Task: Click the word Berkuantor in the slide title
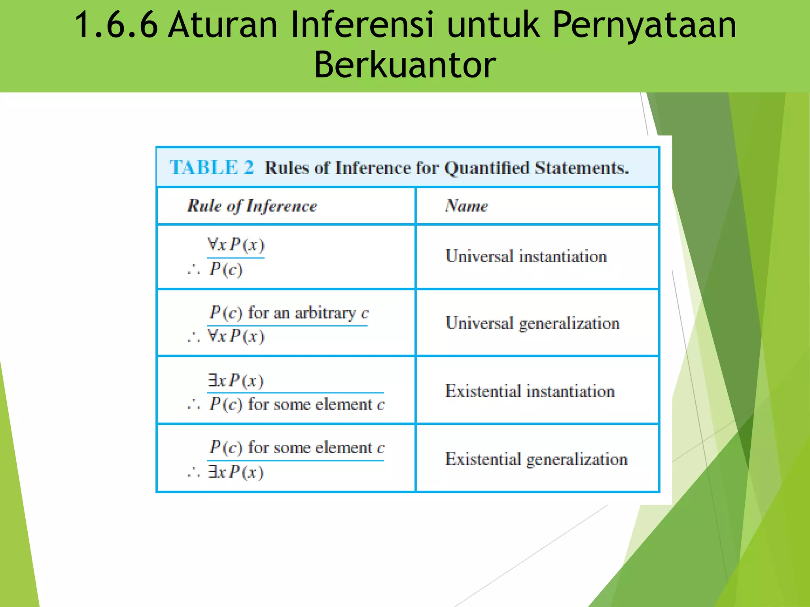coord(405,65)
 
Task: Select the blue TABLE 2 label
coord(212,167)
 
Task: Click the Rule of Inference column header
coord(252,206)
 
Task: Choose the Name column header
coord(466,206)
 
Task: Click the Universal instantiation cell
coord(526,256)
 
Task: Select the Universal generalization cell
coord(532,323)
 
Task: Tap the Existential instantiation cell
coord(530,391)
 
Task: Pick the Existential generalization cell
coord(536,459)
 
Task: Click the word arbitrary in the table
coord(325,313)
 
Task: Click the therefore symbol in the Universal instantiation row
coord(194,270)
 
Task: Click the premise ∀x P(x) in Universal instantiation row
coord(236,245)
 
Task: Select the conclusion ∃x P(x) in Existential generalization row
coord(236,472)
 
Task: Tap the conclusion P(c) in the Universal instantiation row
coord(225,270)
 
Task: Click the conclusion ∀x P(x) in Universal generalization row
coord(236,336)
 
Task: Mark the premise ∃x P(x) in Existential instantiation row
coord(236,381)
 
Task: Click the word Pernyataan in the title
coord(644,25)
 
